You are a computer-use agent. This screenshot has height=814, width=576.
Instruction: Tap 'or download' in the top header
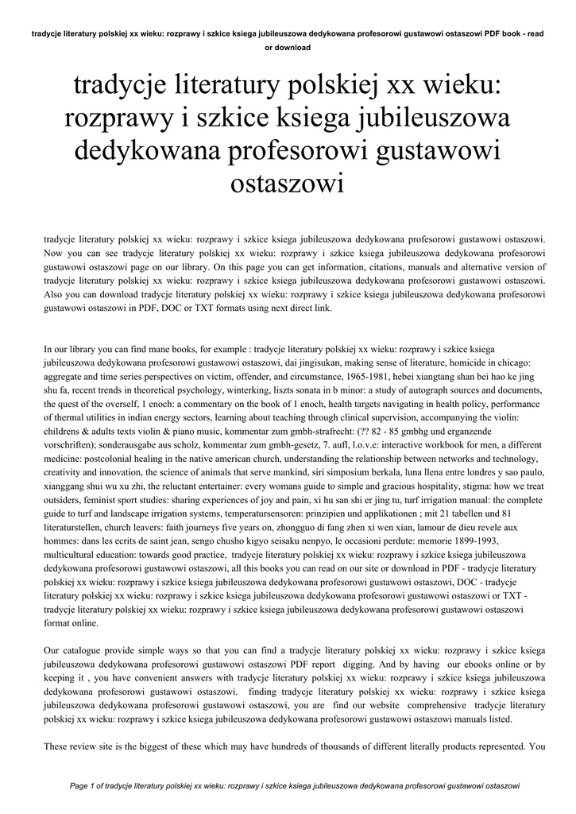[287, 48]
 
